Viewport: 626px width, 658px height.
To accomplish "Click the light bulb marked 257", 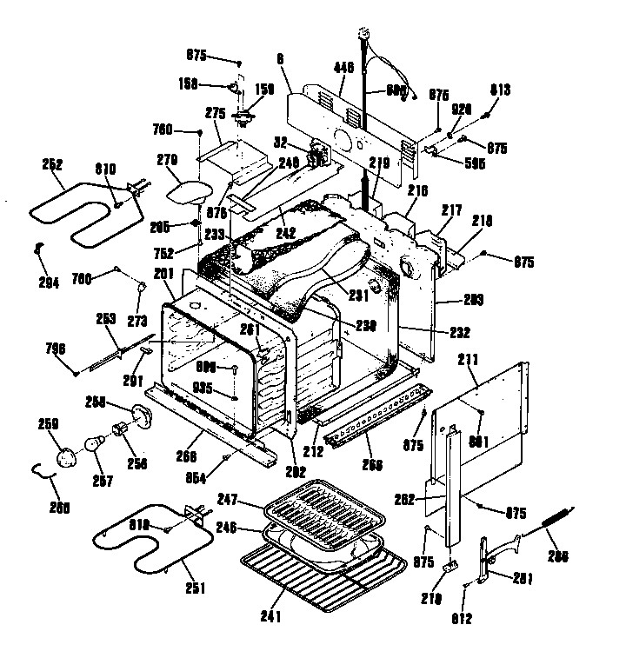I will pyautogui.click(x=92, y=445).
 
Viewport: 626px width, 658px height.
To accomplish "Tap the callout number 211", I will pyautogui.click(x=468, y=357).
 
